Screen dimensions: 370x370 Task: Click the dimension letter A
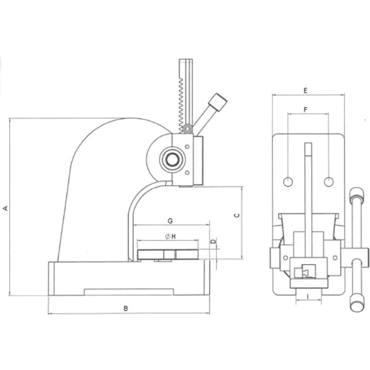point(5,208)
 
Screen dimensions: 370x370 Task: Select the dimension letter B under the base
point(126,309)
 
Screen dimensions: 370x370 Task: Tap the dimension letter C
point(237,215)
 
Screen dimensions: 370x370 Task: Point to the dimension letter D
point(214,242)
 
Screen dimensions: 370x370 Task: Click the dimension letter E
point(306,91)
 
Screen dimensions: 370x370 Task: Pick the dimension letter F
point(306,109)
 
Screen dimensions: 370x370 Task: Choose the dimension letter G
point(170,221)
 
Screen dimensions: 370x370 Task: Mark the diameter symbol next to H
point(168,236)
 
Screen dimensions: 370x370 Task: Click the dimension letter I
point(307,297)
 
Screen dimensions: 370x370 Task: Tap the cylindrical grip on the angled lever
point(217,102)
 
